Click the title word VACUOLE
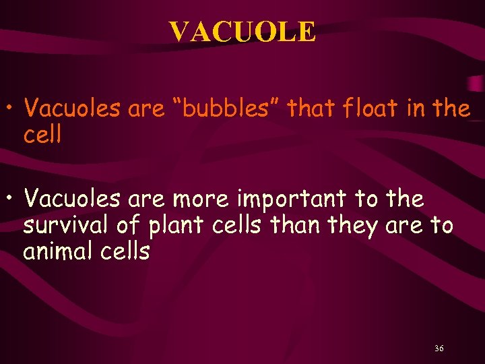242,32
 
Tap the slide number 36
439,348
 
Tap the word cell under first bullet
42,135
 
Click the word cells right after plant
236,225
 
